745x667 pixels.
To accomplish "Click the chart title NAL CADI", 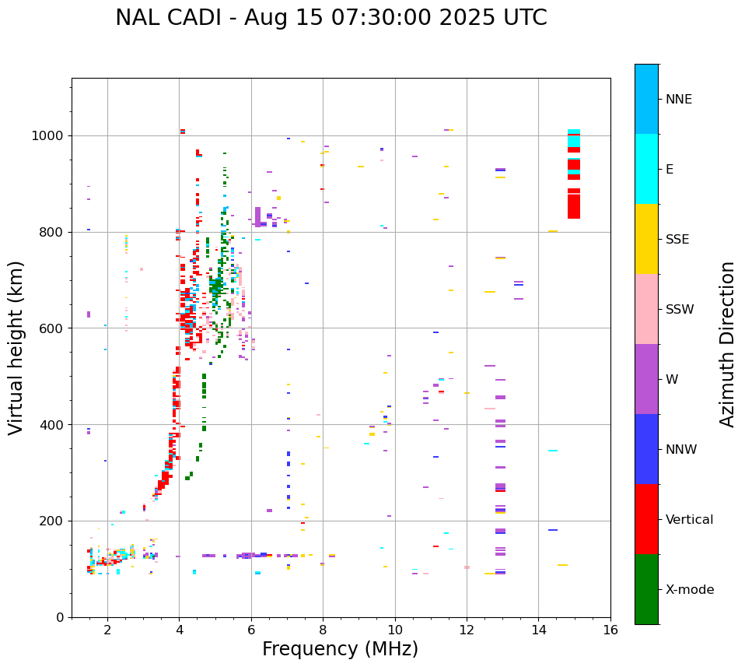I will tap(331, 18).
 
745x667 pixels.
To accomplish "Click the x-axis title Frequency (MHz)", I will tap(340, 649).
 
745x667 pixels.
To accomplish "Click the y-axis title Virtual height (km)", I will tap(16, 347).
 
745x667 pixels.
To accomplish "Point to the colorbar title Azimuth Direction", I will tap(727, 344).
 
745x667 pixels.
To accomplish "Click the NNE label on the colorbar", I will tap(678, 100).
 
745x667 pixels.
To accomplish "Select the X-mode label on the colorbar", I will tap(690, 590).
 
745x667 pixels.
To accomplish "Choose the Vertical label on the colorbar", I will tap(689, 520).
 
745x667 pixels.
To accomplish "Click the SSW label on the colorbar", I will tap(680, 310).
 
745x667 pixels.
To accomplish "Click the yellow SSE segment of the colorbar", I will tap(646, 239).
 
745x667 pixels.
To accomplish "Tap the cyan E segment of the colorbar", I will tap(646, 169).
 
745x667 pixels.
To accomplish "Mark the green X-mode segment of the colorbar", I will tap(646, 589).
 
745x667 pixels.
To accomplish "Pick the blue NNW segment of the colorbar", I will tap(646, 449).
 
